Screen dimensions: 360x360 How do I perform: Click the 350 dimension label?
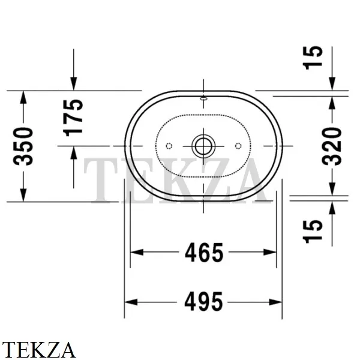[23, 146]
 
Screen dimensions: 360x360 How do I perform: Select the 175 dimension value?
[73, 118]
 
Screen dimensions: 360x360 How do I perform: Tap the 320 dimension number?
[332, 146]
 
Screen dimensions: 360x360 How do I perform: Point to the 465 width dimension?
[204, 253]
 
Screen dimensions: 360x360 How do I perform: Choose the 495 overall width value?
[203, 302]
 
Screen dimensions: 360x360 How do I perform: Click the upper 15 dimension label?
[313, 58]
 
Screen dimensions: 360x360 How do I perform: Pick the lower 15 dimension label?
[313, 231]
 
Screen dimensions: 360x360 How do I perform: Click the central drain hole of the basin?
[203, 146]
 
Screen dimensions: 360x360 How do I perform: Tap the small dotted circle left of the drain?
[169, 146]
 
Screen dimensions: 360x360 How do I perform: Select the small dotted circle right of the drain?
[238, 146]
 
